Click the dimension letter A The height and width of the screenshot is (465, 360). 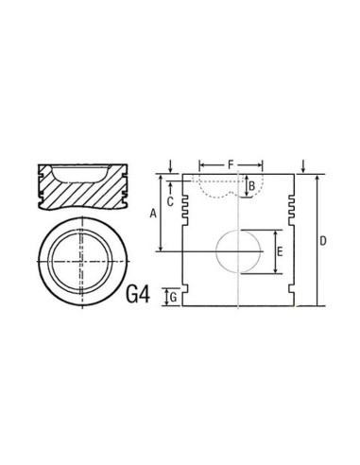[153, 214]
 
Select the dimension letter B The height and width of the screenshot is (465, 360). [250, 186]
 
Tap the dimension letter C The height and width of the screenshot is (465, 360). [169, 201]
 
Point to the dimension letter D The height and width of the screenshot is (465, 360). [323, 242]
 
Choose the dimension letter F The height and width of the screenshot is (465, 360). [230, 165]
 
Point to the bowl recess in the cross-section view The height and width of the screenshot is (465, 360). [80, 173]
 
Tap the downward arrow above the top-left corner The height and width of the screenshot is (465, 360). [168, 167]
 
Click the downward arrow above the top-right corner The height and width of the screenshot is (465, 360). [301, 167]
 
